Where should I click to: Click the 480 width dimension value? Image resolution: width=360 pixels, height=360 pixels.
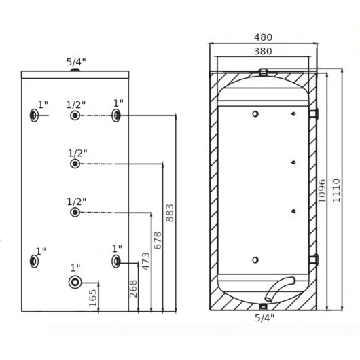pos(263,37)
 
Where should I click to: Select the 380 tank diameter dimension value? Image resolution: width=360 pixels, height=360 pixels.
pos(263,51)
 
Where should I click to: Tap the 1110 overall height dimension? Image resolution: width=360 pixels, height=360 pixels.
pos(336,191)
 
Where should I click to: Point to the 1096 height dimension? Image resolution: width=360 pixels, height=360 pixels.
pos(322,191)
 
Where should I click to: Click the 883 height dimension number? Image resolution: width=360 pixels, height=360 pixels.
pos(170,213)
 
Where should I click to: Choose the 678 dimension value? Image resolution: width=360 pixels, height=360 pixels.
pos(158,240)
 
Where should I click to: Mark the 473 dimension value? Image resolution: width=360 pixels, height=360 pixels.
pos(145,262)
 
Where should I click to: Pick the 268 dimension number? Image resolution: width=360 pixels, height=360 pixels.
pos(133,289)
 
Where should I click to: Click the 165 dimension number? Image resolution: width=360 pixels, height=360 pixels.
pos(93,298)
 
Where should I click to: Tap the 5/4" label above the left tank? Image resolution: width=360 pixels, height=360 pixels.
pos(76,62)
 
